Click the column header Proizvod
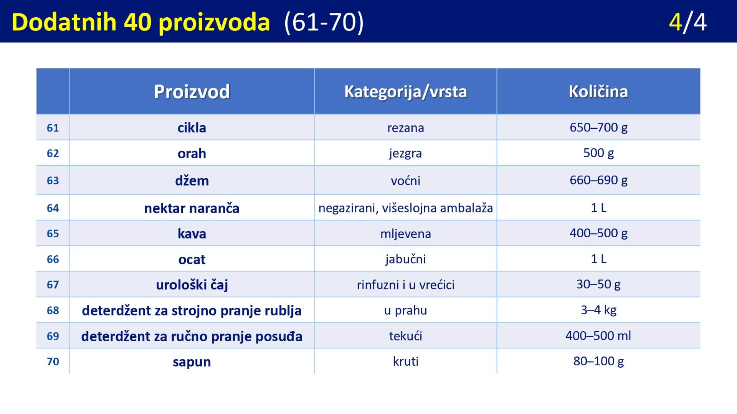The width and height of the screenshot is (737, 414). click(192, 92)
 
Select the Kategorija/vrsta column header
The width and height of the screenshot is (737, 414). click(405, 92)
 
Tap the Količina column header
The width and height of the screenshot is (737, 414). click(598, 91)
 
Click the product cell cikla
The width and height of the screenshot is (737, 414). click(192, 128)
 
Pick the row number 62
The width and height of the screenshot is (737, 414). click(53, 153)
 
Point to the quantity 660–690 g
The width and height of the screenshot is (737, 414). click(598, 180)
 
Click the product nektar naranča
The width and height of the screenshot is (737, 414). click(192, 208)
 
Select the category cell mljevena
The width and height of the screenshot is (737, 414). click(406, 234)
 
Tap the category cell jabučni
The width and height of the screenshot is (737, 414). click(406, 259)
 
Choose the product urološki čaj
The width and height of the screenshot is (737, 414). click(192, 285)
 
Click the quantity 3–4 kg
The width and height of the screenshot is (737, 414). click(598, 310)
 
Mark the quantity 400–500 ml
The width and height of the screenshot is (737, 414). click(598, 336)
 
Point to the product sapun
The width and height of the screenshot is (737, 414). click(192, 362)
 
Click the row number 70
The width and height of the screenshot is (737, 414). click(53, 361)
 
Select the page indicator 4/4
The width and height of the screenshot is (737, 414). click(687, 22)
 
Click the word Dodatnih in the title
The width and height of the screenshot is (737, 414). click(64, 22)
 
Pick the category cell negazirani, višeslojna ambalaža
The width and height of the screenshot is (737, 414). click(406, 208)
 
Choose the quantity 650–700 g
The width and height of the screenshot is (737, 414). click(598, 127)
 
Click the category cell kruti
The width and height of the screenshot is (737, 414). click(406, 361)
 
